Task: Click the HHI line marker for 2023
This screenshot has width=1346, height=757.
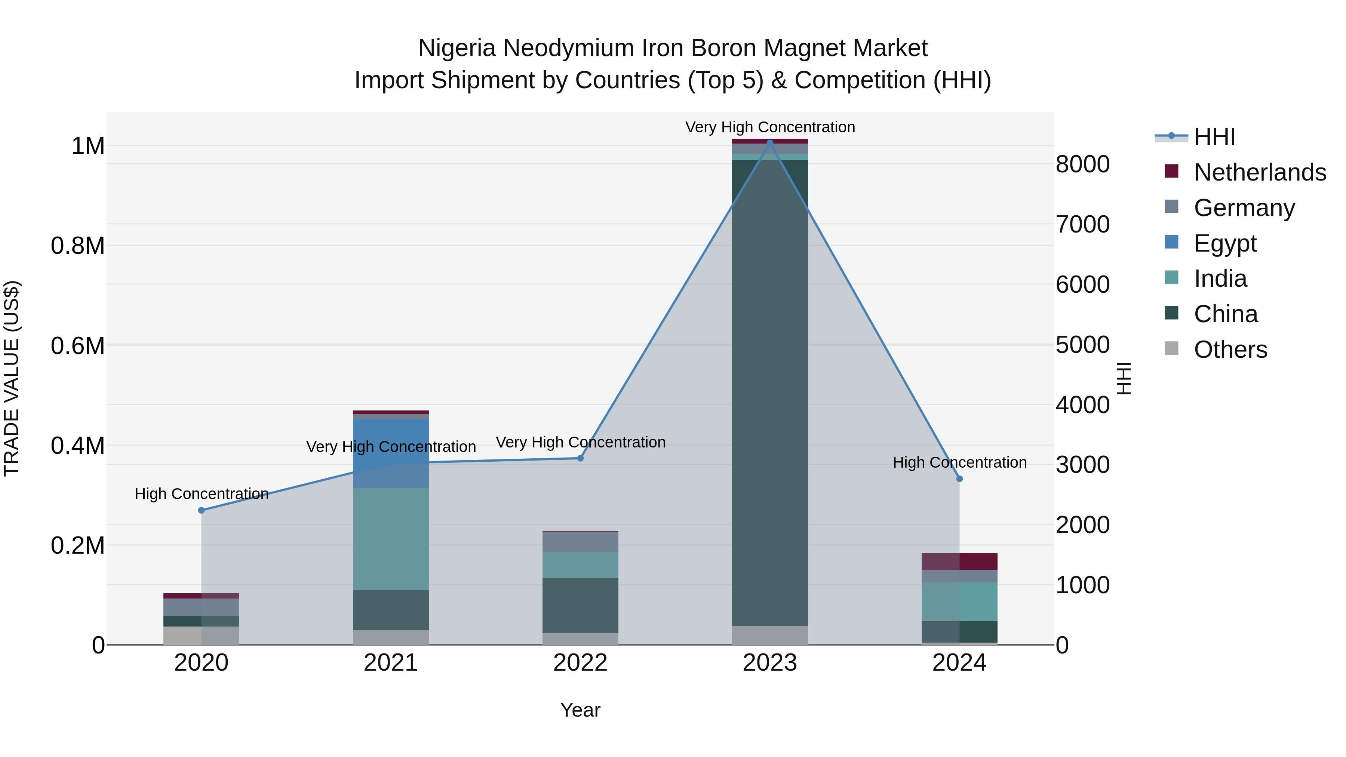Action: [770, 143]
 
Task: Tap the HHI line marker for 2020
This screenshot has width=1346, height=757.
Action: [201, 510]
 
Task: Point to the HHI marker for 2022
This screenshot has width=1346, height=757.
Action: [580, 458]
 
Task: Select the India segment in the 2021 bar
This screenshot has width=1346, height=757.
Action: [391, 539]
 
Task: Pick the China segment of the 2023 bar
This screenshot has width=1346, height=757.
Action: [770, 392]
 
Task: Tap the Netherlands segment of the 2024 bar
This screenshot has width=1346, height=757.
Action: [959, 561]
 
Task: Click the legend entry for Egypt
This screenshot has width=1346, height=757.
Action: [1225, 243]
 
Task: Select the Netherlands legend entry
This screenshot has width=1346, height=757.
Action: [1259, 172]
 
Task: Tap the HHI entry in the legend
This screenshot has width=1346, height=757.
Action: [1214, 137]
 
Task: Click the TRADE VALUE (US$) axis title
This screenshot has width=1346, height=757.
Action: [12, 378]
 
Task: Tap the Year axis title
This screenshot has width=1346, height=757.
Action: [580, 711]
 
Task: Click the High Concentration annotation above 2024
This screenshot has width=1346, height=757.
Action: [959, 463]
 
